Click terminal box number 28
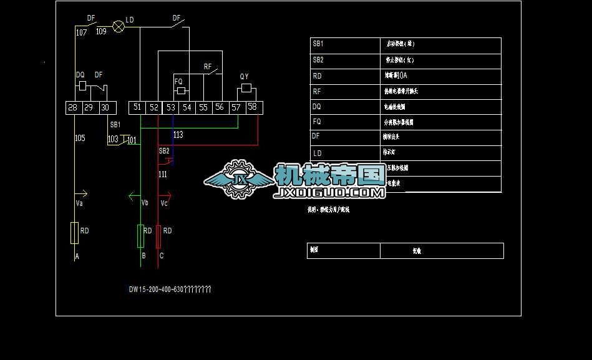coord(73,107)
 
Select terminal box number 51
coord(137,107)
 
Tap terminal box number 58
coord(252,107)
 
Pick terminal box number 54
coord(187,107)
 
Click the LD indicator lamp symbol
coord(118,27)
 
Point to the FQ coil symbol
coord(181,91)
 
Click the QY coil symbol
coord(246,87)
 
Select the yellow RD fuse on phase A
coord(74,233)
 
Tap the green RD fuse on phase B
coord(140,236)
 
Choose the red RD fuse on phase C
coord(158,236)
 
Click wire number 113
coord(178,135)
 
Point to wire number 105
coord(80,138)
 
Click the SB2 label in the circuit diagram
coord(164,151)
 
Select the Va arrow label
coord(79,203)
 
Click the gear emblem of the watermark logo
coord(238,179)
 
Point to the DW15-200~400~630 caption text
coord(170,289)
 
